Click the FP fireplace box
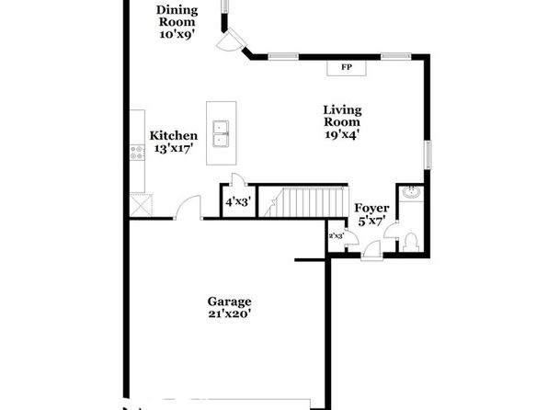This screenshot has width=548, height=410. (347, 67)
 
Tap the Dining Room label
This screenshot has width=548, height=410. (177, 16)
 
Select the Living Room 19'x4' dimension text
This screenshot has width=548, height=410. (342, 134)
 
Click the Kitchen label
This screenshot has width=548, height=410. (174, 136)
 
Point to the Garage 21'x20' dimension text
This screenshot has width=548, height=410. (230, 313)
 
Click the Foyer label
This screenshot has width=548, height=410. (371, 209)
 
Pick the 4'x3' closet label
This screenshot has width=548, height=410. (237, 202)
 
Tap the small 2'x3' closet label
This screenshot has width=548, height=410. (337, 236)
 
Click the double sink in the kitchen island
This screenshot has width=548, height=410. (222, 133)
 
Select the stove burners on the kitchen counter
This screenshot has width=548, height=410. (137, 153)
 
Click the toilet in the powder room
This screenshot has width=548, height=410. (411, 242)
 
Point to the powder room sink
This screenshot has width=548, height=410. (411, 192)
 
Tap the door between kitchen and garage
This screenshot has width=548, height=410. (188, 207)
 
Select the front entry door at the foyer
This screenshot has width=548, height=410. (371, 251)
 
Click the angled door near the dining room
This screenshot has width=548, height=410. (231, 40)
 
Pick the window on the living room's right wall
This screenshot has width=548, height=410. (428, 154)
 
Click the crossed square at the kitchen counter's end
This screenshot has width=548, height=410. (142, 205)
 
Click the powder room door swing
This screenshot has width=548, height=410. (392, 230)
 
